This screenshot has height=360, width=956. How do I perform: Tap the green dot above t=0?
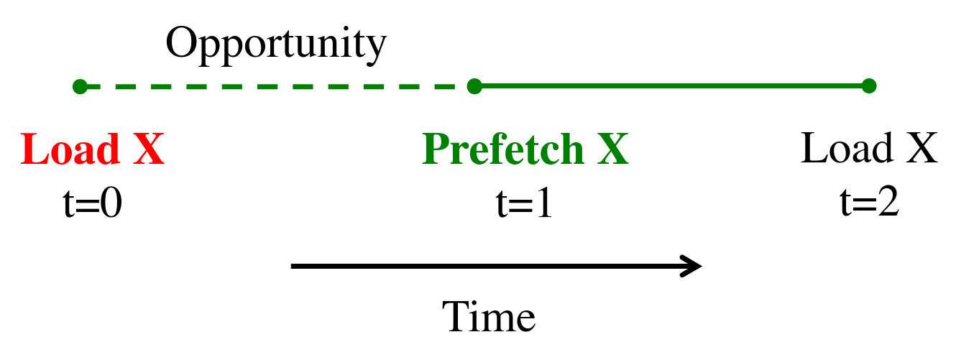coord(81,87)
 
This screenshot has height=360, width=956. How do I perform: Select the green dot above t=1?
coord(474,86)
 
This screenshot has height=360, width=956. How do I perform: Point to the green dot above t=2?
coord(869,86)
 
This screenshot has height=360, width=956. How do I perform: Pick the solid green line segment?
coord(672,86)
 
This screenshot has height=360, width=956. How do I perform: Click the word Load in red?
coord(70,149)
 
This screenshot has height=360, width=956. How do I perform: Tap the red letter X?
coord(149,149)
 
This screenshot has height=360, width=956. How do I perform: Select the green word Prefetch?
coord(503,149)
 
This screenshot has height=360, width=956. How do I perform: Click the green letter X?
coord(613,149)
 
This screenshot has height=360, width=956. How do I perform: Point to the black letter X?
coord(921,148)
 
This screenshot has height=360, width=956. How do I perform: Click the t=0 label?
coord(93,202)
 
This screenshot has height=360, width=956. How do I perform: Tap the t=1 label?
coord(525,203)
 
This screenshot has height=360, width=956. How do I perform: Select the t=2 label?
coord(870,201)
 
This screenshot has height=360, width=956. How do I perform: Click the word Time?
coord(489,316)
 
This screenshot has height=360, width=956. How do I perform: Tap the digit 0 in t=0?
coord(111,202)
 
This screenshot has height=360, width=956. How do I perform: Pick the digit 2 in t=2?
coord(888,201)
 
